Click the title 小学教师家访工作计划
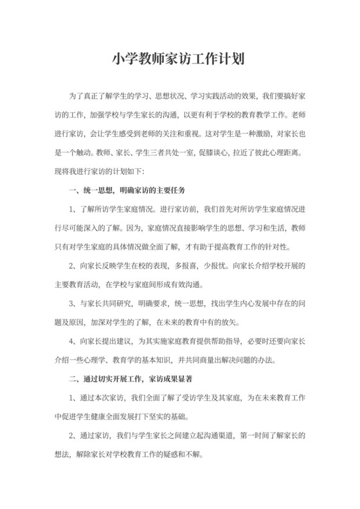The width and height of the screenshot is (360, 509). (179, 58)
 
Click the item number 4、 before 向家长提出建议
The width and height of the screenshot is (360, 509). (73, 341)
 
